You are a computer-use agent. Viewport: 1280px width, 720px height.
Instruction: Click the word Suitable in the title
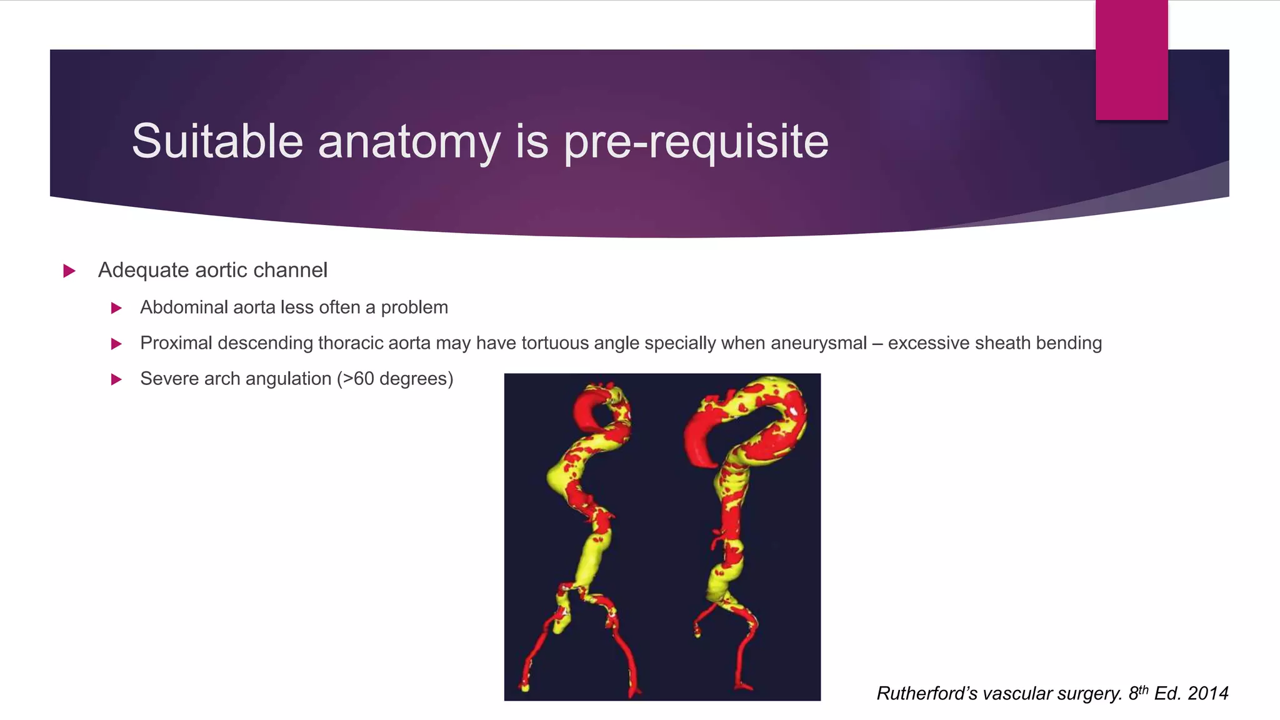(x=217, y=141)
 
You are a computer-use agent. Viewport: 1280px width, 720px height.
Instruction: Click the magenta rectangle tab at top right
(x=1131, y=59)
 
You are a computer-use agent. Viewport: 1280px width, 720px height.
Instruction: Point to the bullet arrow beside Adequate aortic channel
(x=69, y=271)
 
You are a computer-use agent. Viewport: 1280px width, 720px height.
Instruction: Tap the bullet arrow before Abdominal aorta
(x=116, y=307)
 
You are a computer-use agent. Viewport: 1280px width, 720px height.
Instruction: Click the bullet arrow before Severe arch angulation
(x=116, y=379)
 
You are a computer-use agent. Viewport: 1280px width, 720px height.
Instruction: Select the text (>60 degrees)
(x=394, y=379)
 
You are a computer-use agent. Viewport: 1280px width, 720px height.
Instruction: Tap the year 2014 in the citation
(x=1207, y=693)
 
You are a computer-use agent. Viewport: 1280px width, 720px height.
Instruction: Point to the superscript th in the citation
(x=1142, y=689)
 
